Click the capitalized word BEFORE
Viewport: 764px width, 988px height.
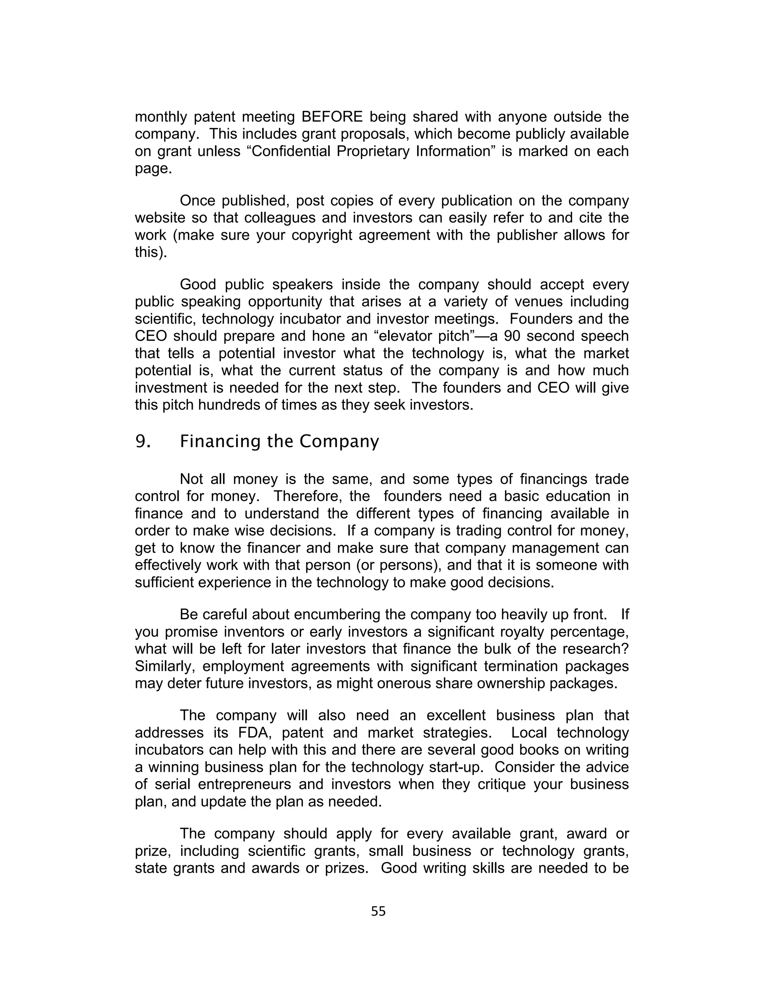tap(332, 117)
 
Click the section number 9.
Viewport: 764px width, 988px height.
tap(142, 441)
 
